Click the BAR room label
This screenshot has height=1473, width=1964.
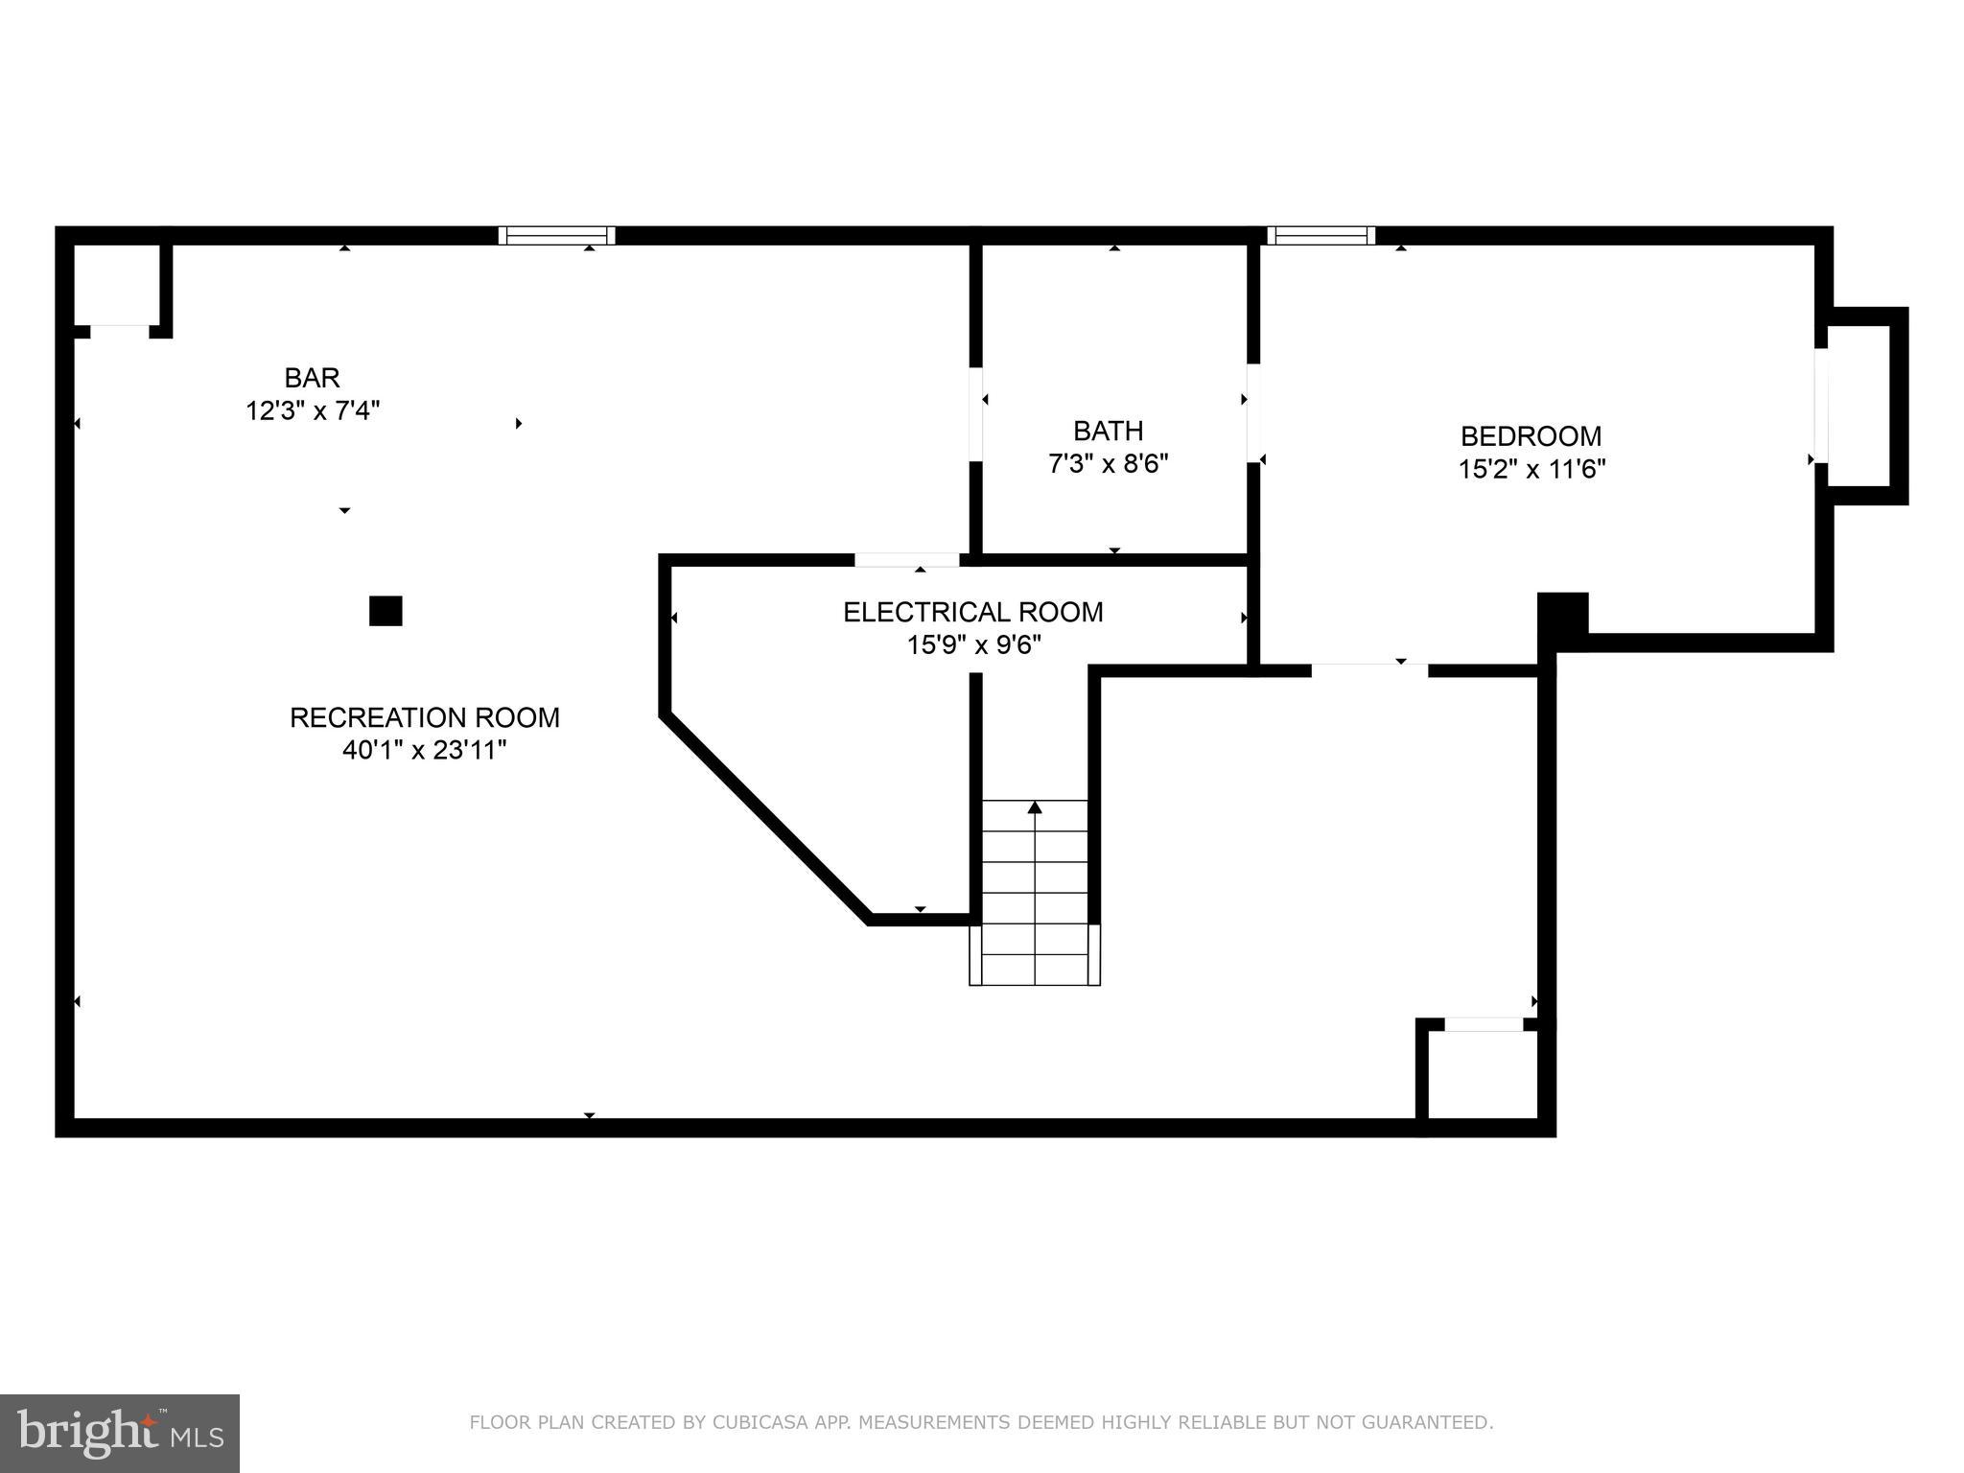point(312,378)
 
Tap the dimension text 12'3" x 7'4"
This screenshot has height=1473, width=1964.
point(313,411)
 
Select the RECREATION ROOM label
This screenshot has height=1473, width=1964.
point(425,717)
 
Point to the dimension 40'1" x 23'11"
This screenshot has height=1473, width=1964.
point(424,750)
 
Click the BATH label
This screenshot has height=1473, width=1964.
point(1108,431)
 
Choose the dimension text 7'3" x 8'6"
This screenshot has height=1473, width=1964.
point(1108,464)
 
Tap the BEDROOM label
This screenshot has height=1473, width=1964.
point(1531,436)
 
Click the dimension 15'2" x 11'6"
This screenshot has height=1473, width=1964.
point(1531,469)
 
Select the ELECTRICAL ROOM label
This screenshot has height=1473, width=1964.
point(972,612)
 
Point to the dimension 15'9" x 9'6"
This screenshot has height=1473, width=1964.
point(973,644)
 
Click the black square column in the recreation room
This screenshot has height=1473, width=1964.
point(386,611)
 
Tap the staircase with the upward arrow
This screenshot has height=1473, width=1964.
point(1035,892)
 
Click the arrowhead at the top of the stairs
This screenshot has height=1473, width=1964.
point(1035,807)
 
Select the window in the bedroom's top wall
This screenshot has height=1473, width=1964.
point(1321,236)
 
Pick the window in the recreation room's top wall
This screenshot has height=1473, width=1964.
point(556,236)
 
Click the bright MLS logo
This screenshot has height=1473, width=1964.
point(120,1433)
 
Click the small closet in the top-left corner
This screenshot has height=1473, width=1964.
point(117,285)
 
